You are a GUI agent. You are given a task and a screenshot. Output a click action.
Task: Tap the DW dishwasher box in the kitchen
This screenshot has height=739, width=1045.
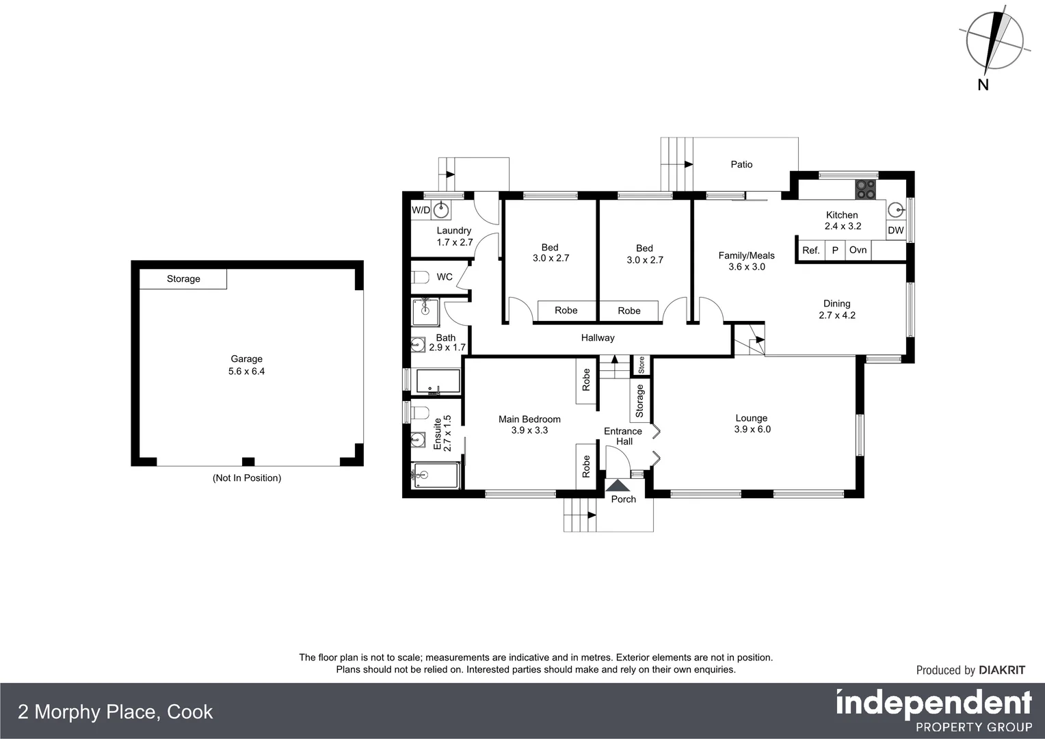895,231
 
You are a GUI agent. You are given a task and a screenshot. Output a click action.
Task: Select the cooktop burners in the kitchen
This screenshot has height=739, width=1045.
864,189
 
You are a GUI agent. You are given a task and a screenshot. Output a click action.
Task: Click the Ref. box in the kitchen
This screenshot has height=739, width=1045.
810,250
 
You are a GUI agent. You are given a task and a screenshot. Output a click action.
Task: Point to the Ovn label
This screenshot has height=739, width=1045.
858,250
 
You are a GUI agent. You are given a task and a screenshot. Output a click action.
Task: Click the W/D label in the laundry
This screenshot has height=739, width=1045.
421,210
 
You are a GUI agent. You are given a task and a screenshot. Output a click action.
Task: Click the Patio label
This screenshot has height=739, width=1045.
741,164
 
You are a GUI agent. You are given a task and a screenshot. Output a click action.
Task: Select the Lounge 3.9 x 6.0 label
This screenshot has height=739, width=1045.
752,424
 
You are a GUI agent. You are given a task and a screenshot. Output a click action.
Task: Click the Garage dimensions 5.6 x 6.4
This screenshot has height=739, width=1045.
246,372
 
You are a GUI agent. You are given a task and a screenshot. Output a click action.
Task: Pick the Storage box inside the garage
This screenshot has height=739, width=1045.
183,278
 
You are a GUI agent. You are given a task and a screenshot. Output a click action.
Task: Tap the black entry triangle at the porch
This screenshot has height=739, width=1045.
619,485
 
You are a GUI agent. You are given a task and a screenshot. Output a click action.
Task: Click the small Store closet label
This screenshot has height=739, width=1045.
641,365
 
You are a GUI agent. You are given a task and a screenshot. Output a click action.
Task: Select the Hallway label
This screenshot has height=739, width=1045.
598,337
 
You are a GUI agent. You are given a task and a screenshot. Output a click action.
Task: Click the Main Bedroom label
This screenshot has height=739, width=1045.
529,419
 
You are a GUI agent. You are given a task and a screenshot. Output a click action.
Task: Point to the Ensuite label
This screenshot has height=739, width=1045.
438,433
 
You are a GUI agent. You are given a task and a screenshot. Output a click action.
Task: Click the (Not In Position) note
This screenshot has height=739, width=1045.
247,478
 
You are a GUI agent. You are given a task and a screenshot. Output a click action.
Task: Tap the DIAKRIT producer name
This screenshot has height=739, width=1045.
1002,670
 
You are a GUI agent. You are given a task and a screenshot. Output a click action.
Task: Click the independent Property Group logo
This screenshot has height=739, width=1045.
934,710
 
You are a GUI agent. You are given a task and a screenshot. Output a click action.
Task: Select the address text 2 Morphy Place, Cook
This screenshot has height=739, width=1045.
115,712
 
